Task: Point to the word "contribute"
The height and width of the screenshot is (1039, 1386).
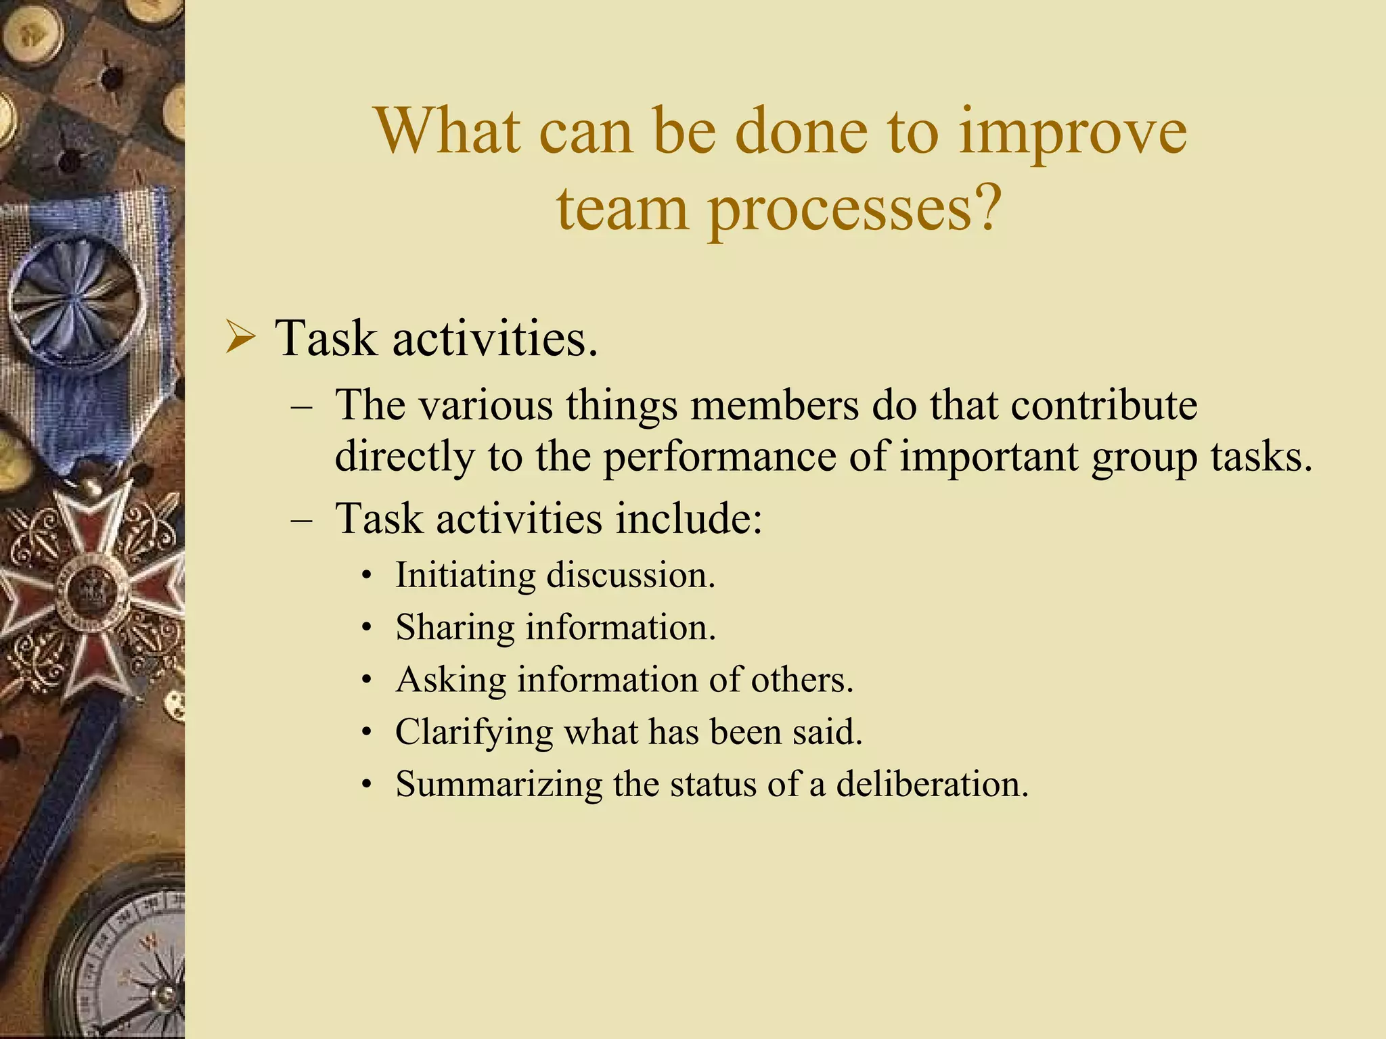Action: click(x=1104, y=406)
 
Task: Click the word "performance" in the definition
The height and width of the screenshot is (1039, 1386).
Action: click(x=719, y=457)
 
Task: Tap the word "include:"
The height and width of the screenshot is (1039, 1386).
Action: click(x=689, y=519)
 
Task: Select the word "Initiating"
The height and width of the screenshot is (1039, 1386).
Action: click(x=466, y=576)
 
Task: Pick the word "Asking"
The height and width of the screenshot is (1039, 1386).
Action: click(x=451, y=680)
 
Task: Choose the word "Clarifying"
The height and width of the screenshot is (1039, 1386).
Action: click(x=474, y=733)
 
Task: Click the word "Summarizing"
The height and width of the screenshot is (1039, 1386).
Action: click(x=499, y=785)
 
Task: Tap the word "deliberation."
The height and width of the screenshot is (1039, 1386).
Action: click(x=932, y=785)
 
